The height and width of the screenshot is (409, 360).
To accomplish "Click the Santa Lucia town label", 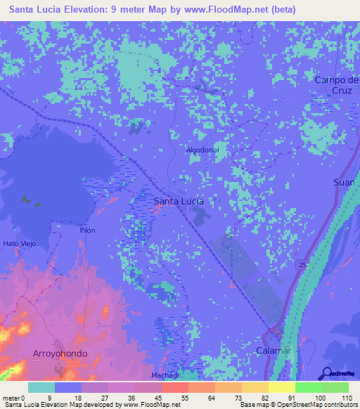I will click(x=179, y=201).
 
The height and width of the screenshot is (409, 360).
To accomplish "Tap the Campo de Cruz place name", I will click(x=337, y=85).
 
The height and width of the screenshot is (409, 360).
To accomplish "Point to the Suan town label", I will click(x=343, y=182).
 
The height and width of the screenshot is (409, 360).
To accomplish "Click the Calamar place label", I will click(x=274, y=349).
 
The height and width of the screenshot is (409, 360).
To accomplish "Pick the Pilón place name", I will click(x=86, y=230).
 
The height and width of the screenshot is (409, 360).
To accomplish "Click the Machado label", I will click(x=166, y=375).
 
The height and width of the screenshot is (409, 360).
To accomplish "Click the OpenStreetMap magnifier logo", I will click(x=327, y=374).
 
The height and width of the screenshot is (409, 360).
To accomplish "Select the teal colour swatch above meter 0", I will click(x=41, y=387).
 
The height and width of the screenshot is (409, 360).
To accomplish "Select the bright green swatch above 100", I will click(x=309, y=387).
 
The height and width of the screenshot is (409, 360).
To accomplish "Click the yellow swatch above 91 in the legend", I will click(x=282, y=387).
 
